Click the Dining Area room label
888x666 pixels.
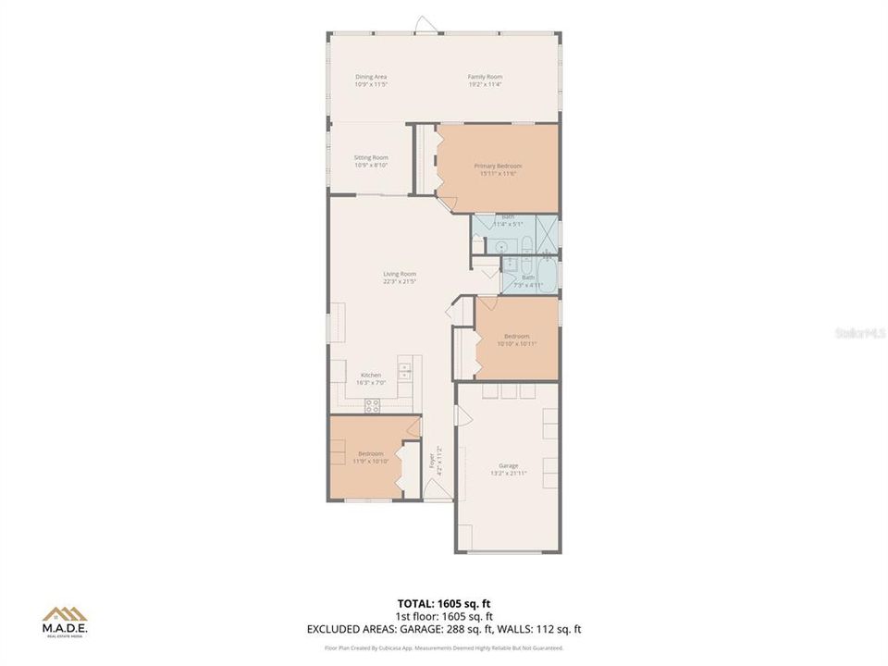tap(370, 77)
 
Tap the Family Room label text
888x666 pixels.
tap(484, 77)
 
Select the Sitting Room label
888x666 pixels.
tap(370, 157)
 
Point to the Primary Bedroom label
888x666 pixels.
tap(498, 166)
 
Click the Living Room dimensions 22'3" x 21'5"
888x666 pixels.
tap(400, 281)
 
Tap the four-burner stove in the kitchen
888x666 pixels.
tap(373, 403)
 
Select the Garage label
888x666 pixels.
tap(508, 465)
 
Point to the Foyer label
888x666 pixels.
tap(431, 460)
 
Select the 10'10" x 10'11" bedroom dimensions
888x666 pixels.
tap(516, 343)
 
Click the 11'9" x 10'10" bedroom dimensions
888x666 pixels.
tap(370, 461)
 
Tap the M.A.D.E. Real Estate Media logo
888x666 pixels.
tap(65, 621)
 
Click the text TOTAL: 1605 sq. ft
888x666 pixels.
tap(443, 602)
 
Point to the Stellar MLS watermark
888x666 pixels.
tap(860, 331)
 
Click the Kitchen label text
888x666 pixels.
tap(370, 375)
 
